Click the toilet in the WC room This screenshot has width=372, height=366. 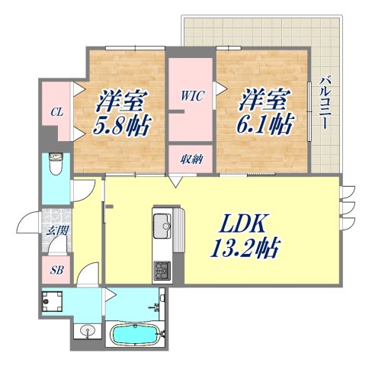click(x=55, y=163)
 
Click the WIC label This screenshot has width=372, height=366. click(x=191, y=97)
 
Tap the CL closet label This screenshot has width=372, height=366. click(x=56, y=112)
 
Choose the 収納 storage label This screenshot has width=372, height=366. click(x=191, y=159)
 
